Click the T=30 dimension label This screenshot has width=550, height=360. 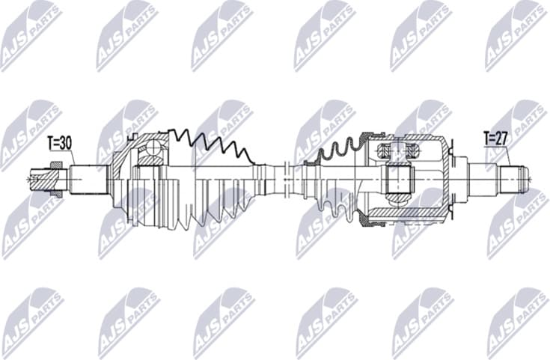(61, 142)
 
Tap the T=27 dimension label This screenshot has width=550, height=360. (495, 138)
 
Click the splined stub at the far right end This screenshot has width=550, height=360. (516, 179)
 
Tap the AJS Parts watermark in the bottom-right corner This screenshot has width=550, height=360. (516, 322)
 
